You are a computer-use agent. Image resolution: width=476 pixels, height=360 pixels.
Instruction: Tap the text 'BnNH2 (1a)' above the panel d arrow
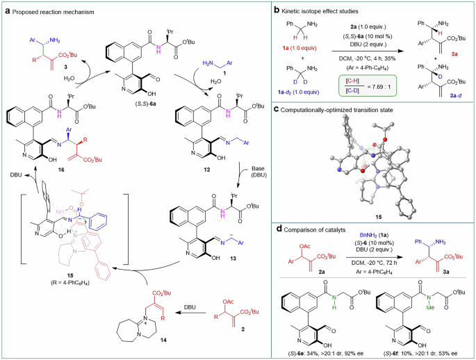tap(368, 238)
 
